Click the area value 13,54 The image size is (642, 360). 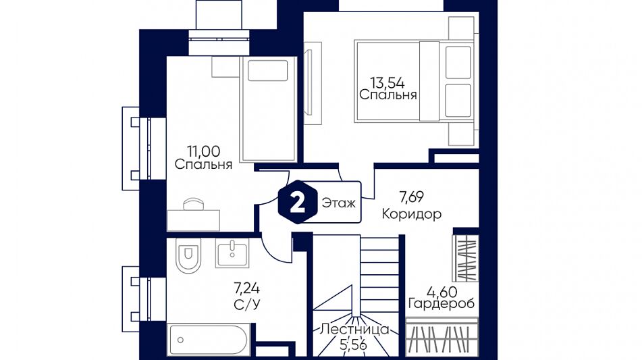387,83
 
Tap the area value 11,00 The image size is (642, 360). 203,151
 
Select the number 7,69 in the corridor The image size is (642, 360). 412,197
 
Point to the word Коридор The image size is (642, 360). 412,214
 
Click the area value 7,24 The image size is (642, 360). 246,289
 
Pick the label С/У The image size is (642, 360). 247,305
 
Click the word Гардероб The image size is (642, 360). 442,303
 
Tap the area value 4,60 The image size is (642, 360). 442,292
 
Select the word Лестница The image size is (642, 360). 354,330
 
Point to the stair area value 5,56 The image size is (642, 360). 353,345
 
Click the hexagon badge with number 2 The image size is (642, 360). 298,202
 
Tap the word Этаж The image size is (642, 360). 339,203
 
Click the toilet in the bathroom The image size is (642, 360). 188,255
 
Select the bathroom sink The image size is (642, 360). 232,253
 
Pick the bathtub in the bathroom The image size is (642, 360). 209,340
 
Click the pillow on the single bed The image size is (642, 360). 268,71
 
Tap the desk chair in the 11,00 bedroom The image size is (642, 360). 194,204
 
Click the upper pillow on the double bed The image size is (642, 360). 458,62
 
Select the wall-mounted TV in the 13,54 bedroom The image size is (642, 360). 309,82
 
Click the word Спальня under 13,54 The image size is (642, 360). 387,95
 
